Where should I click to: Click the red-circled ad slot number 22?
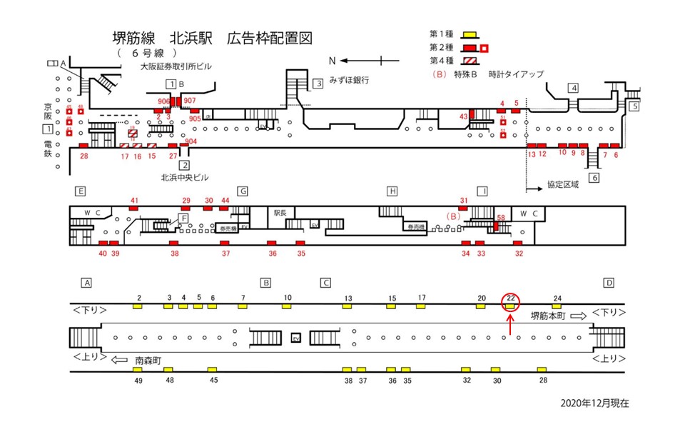coord(511,298)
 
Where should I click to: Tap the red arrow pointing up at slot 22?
coord(511,323)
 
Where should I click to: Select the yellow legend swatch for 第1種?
coord(469,34)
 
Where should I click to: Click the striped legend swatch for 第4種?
coord(469,61)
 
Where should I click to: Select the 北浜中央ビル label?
coord(184,178)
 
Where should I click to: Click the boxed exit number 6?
coord(594,178)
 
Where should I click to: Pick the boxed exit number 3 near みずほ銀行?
coord(318,84)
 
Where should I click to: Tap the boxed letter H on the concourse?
coord(392,191)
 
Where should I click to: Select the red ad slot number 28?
coord(84,156)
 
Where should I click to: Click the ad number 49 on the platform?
coord(138,381)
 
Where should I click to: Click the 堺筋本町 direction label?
coord(548,314)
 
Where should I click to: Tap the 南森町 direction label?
coord(149,361)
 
